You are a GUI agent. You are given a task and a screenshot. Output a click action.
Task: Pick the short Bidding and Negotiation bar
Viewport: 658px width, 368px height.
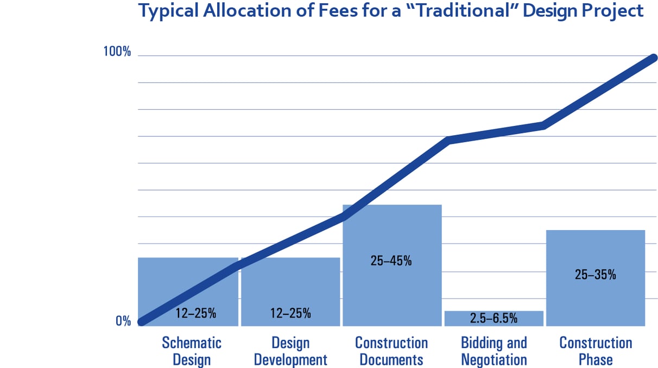[493, 319]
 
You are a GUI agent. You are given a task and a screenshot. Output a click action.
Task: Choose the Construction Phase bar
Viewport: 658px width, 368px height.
[595, 293]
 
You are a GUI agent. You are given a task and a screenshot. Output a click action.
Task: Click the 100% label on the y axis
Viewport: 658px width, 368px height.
[117, 52]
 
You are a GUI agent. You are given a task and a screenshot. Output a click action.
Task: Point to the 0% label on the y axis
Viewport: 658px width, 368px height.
[123, 321]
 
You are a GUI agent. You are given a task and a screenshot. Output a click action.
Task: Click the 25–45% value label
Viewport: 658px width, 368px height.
[391, 261]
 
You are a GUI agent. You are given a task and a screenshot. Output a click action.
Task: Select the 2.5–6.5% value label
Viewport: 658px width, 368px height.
[493, 319]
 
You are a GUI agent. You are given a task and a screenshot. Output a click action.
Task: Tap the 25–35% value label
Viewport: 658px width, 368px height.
[595, 275]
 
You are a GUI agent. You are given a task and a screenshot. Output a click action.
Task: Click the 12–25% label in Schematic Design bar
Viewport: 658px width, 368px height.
[195, 313]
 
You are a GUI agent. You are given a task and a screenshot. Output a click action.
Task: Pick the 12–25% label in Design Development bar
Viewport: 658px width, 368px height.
[290, 313]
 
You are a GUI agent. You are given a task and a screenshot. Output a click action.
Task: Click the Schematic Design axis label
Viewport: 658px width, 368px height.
[192, 351]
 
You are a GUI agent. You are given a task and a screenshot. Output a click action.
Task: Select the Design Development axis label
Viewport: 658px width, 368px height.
[290, 351]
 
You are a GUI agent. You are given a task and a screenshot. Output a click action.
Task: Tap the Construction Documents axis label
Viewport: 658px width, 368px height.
[391, 351]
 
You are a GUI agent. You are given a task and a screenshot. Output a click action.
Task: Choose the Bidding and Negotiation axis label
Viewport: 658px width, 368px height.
[493, 351]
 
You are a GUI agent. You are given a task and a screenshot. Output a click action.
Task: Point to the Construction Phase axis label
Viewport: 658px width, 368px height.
[596, 351]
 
